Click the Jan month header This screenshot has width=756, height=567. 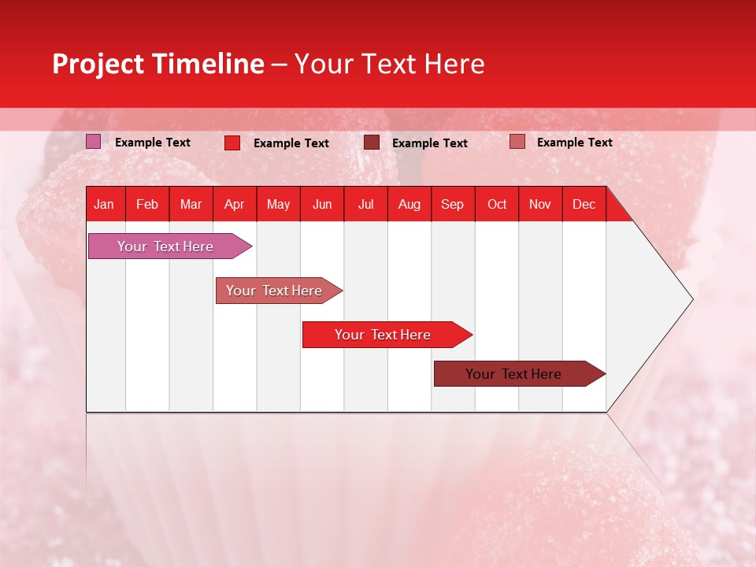point(104,204)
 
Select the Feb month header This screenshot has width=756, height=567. point(147,204)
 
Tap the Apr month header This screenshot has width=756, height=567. point(234,204)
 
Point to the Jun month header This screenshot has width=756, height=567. point(322,204)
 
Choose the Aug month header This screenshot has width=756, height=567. point(409,204)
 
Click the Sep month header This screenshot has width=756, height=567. point(452,204)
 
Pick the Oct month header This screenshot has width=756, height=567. point(497,204)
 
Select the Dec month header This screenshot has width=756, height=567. point(584,204)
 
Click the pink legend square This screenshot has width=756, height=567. point(93,142)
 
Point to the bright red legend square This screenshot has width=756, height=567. point(232,143)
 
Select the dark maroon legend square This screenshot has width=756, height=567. point(372,143)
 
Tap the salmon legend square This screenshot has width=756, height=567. point(517,142)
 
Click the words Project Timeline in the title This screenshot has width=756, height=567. point(157,64)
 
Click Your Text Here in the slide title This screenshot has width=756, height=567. point(389,64)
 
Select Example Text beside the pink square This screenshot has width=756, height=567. point(153,143)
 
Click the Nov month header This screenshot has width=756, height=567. point(540,204)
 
